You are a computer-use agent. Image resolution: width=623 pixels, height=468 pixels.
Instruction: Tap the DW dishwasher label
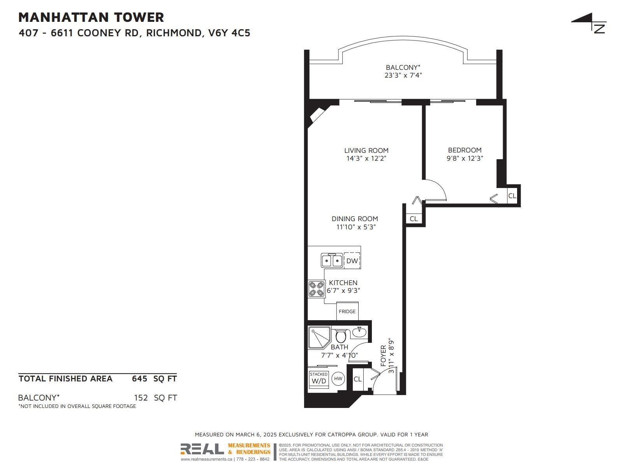click(x=352, y=261)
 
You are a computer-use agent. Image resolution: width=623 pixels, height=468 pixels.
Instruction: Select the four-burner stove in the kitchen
click(x=316, y=289)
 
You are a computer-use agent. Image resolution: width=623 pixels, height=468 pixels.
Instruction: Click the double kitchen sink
click(x=331, y=260)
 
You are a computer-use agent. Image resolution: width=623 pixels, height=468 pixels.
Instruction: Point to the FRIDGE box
click(x=347, y=311)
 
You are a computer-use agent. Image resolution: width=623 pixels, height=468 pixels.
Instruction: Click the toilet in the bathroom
click(x=341, y=336)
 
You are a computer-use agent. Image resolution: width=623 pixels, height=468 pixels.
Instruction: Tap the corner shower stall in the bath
click(x=319, y=338)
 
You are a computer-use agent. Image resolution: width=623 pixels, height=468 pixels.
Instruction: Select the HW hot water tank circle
click(x=338, y=378)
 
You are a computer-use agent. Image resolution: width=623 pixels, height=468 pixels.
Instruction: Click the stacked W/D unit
click(x=319, y=379)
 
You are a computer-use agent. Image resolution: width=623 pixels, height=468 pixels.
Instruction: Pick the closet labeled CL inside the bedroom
click(x=512, y=195)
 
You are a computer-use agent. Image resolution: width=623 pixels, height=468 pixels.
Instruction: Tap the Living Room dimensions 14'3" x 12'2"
click(x=366, y=158)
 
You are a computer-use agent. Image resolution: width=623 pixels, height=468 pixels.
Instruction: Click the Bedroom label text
click(x=465, y=150)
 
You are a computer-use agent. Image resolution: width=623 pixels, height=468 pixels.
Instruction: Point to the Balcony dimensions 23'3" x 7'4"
click(x=403, y=75)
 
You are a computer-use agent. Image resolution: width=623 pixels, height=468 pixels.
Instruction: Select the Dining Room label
click(x=355, y=219)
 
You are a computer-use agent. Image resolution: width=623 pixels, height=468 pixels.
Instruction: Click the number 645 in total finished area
click(x=139, y=379)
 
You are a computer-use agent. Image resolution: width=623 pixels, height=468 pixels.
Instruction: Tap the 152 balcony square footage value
click(x=141, y=398)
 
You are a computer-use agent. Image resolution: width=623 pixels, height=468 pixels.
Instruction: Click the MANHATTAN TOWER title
click(x=91, y=17)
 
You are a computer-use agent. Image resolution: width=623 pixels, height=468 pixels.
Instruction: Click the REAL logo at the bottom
click(x=202, y=449)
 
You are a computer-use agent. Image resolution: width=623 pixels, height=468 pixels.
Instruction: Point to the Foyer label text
click(x=383, y=355)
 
